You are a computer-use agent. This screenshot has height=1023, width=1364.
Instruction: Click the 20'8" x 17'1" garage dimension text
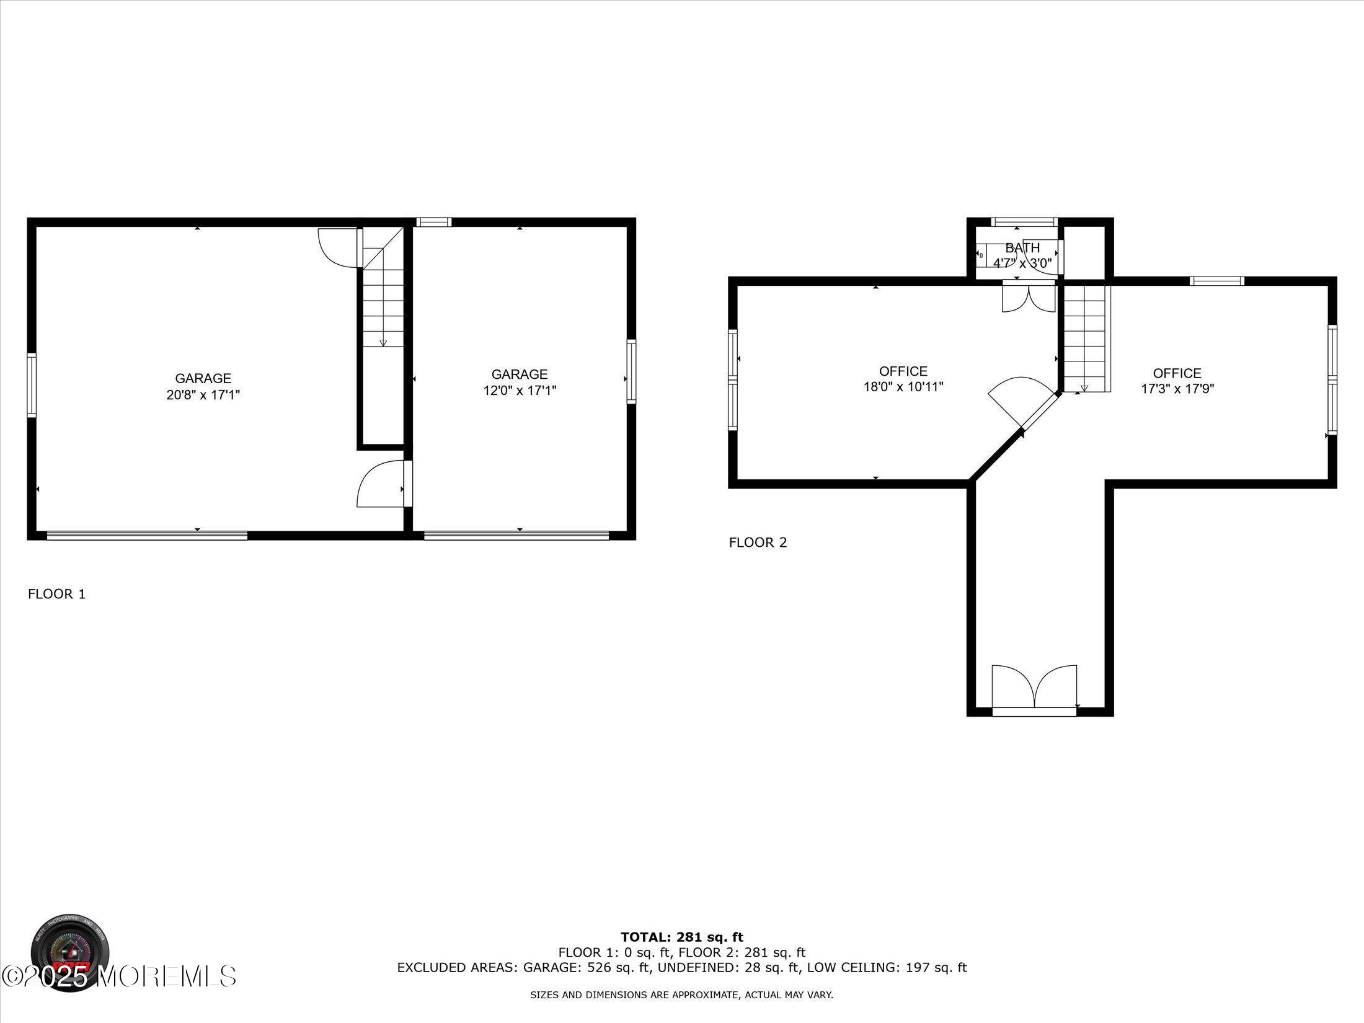tap(203, 395)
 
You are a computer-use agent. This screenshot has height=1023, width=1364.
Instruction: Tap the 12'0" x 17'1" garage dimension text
tap(520, 391)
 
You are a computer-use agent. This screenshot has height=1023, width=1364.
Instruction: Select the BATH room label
tap(1022, 248)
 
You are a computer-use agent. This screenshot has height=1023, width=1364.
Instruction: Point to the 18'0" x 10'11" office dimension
tap(903, 387)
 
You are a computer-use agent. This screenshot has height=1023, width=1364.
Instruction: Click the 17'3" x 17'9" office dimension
tap(1177, 389)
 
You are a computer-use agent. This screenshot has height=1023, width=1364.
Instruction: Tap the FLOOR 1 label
tap(56, 594)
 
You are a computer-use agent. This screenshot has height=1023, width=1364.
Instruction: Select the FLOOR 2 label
tap(758, 542)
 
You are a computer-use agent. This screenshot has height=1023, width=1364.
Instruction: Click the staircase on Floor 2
tap(1085, 338)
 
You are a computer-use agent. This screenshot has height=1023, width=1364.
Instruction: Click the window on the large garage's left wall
tap(32, 384)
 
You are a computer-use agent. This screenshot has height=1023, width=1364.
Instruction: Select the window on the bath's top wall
tap(1023, 222)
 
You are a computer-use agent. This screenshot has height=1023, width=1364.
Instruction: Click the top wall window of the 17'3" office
tap(1216, 281)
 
